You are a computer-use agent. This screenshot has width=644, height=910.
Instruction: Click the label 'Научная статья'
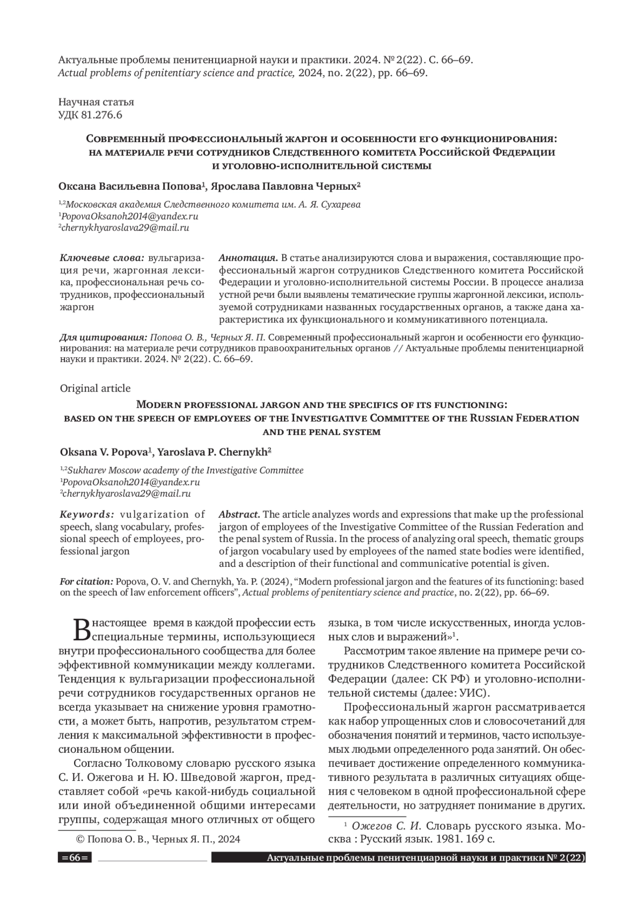point(96,102)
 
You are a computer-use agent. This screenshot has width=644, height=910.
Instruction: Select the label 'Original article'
point(95,388)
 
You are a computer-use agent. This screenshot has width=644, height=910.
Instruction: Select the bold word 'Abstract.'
point(239,514)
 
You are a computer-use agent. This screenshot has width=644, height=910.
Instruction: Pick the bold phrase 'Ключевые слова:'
point(102,257)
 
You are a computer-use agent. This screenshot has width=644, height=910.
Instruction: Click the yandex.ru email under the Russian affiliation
point(129,216)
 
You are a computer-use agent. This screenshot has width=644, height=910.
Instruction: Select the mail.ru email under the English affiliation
point(126,493)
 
